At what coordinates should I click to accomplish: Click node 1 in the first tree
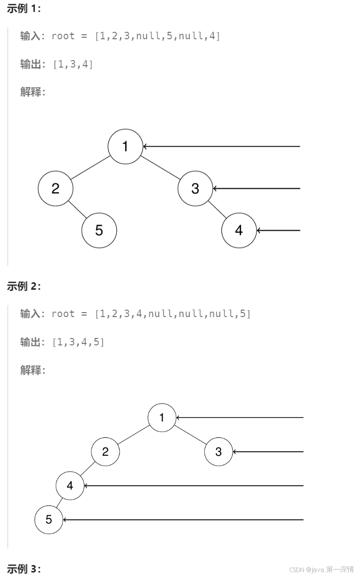click(125, 146)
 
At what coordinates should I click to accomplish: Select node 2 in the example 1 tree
click(55, 188)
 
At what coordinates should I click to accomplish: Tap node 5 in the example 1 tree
click(99, 230)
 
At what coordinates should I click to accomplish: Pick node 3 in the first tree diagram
click(195, 188)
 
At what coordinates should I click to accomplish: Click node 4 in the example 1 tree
click(239, 230)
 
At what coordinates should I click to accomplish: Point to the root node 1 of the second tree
click(162, 417)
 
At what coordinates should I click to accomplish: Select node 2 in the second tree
click(105, 452)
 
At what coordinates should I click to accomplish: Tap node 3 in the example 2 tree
click(218, 452)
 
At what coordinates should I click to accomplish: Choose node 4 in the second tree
click(70, 486)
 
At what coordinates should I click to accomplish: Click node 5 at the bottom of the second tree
click(49, 520)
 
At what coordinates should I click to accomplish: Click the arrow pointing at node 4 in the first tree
click(279, 231)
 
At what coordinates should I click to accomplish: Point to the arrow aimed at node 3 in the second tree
click(268, 452)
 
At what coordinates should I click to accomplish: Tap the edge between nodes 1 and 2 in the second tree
click(134, 435)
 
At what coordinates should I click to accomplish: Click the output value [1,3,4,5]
click(78, 342)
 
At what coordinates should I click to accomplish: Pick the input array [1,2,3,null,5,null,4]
click(157, 36)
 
